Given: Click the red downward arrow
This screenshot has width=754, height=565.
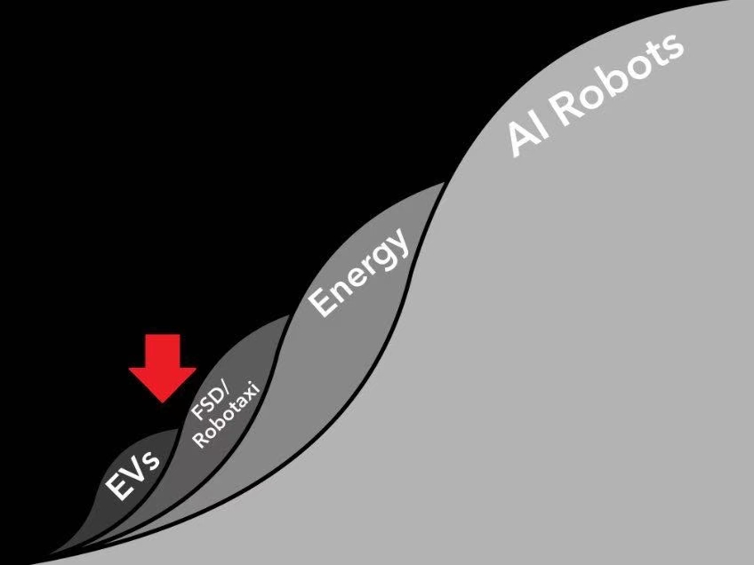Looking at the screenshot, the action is [163, 368].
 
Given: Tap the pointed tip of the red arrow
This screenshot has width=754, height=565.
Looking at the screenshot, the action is [163, 402].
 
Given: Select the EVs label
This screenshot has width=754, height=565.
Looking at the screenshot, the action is [132, 474].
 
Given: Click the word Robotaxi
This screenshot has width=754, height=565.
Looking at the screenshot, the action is [226, 414].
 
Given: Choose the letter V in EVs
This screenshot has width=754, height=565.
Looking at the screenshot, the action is [133, 474].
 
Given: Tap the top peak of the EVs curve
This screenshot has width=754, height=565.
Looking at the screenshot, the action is [178, 429].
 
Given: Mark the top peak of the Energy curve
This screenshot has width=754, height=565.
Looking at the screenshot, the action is [444, 183].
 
